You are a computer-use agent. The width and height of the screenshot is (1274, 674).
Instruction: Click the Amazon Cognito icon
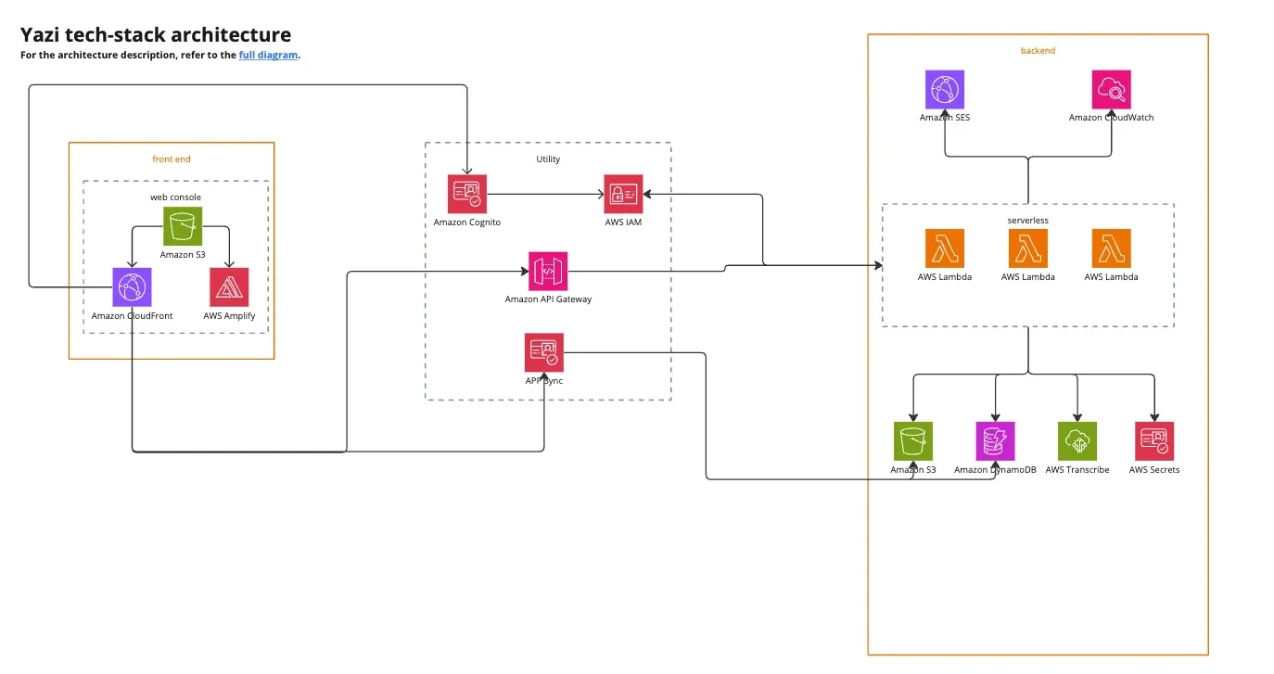(x=466, y=194)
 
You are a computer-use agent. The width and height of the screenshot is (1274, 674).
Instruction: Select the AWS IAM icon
(x=623, y=194)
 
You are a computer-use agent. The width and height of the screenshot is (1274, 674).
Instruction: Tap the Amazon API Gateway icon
(x=548, y=271)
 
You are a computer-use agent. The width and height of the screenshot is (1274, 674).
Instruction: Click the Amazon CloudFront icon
(x=132, y=287)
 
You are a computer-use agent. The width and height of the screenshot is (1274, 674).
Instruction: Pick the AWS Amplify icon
(x=229, y=287)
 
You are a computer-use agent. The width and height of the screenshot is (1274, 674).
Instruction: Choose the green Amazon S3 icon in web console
(x=183, y=225)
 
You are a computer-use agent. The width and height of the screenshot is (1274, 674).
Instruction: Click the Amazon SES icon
(x=945, y=90)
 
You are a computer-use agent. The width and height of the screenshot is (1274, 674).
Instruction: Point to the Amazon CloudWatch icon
(x=1111, y=90)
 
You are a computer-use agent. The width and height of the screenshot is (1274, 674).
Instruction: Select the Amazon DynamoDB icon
(x=995, y=441)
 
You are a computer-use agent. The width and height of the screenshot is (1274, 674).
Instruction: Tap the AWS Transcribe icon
(x=1077, y=441)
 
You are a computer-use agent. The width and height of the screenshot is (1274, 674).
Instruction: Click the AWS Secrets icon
(x=1154, y=441)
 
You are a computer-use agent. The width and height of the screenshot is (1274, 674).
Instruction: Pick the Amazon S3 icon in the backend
(x=913, y=441)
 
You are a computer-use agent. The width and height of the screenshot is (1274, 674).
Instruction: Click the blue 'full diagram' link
(x=269, y=55)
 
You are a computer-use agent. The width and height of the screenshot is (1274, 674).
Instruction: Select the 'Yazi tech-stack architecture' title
(x=156, y=35)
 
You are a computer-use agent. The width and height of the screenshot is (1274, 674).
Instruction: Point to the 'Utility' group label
(x=548, y=159)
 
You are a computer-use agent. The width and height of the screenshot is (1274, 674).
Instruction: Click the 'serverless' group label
(x=1026, y=220)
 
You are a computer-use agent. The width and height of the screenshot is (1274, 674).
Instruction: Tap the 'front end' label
(x=172, y=159)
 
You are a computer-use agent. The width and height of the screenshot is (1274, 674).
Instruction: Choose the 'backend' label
(x=1038, y=50)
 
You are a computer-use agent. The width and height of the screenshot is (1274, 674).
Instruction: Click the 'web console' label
(x=175, y=197)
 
